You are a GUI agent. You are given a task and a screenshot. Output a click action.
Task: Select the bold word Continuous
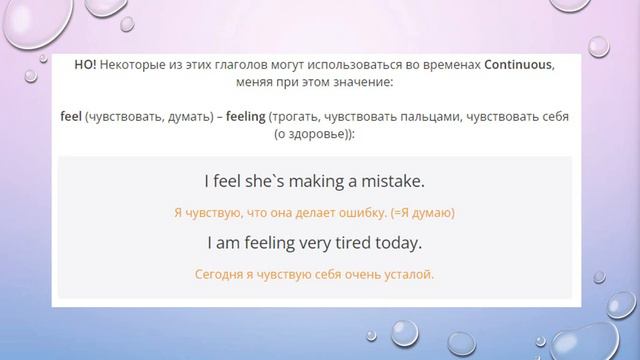click(x=517, y=63)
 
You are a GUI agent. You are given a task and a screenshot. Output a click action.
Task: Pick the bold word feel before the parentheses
click(x=71, y=116)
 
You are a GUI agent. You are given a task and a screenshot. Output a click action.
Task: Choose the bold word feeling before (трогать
click(x=245, y=116)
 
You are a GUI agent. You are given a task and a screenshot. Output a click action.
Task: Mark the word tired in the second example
click(x=353, y=243)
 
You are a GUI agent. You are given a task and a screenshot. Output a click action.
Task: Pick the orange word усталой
click(x=411, y=273)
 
